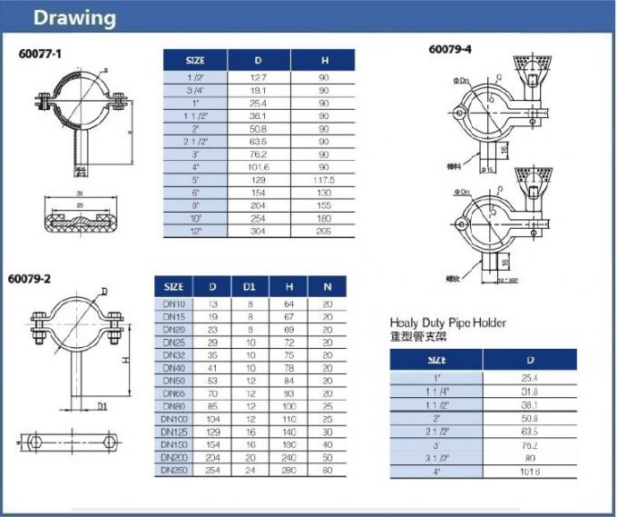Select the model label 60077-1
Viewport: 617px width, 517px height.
point(39,54)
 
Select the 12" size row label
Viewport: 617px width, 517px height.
point(195,231)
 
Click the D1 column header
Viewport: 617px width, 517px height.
point(250,287)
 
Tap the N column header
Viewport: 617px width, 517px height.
point(327,287)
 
